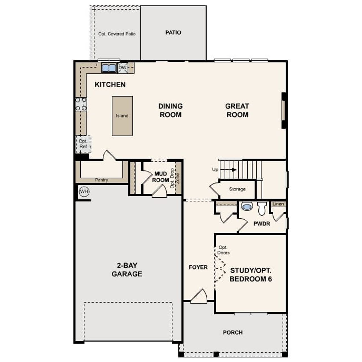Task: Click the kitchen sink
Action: coord(109,68)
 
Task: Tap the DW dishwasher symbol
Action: coord(122,68)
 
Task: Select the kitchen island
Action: coord(122,116)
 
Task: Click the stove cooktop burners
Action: coord(81,104)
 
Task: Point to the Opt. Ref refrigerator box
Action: coord(83,144)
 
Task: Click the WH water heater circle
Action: coord(84,192)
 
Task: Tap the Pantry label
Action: coord(101,180)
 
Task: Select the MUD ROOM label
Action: coord(161,177)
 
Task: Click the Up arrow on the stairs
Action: coord(234,170)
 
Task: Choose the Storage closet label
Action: coord(237,189)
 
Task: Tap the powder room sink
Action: coord(247,206)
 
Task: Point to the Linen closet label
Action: coord(278,204)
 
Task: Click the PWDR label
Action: coord(262,224)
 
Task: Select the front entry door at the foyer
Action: coord(199,297)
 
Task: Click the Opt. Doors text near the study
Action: coord(223,250)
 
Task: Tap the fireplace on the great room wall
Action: coord(283,110)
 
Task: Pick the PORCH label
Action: coord(233,333)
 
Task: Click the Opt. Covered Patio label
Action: coord(117,34)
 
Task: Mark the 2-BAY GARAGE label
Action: coord(127,270)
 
